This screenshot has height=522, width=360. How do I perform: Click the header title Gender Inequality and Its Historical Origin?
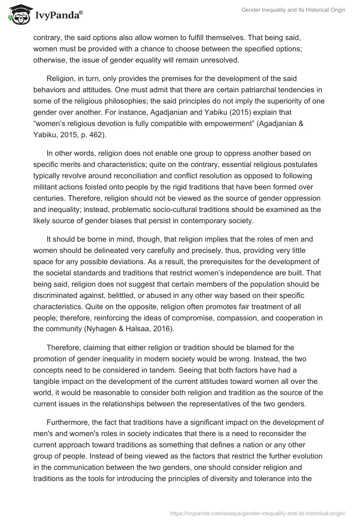294,10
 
